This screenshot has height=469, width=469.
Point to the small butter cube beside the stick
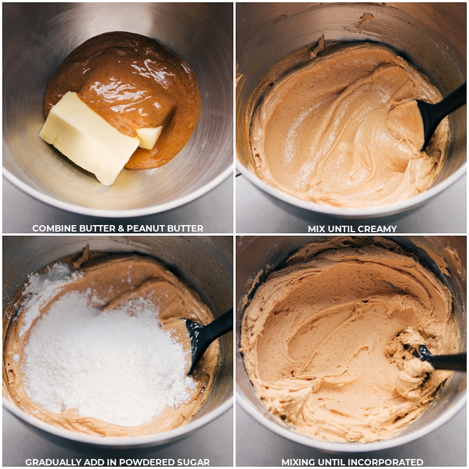click(149, 137)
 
